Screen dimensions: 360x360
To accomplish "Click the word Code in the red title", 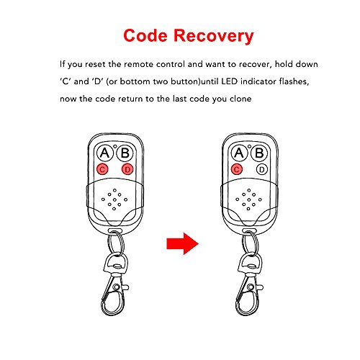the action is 145,35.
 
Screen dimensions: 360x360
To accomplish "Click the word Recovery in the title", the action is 213,37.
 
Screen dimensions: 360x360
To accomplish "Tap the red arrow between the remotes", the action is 183,243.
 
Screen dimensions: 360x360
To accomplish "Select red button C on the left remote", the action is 102,169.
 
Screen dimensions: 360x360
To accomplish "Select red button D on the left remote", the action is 127,169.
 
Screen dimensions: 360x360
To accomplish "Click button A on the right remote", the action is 239,153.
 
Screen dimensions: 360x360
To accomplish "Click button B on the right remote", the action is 259,153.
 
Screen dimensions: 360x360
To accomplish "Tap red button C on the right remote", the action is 237,169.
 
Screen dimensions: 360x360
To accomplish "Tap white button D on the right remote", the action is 262,169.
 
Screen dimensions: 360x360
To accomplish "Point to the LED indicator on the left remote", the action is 115,146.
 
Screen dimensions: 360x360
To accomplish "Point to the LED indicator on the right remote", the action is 249,146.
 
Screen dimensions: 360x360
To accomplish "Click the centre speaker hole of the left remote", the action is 114,199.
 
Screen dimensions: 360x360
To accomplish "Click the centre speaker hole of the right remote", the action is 249,199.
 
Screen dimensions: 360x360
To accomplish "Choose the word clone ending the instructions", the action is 240,99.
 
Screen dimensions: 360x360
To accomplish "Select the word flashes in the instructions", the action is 294,81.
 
